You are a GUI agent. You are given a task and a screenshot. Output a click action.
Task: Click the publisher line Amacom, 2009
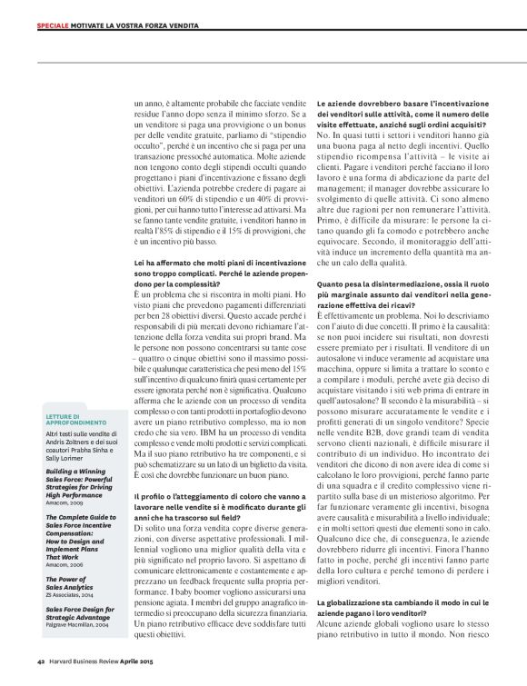click(65, 502)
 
